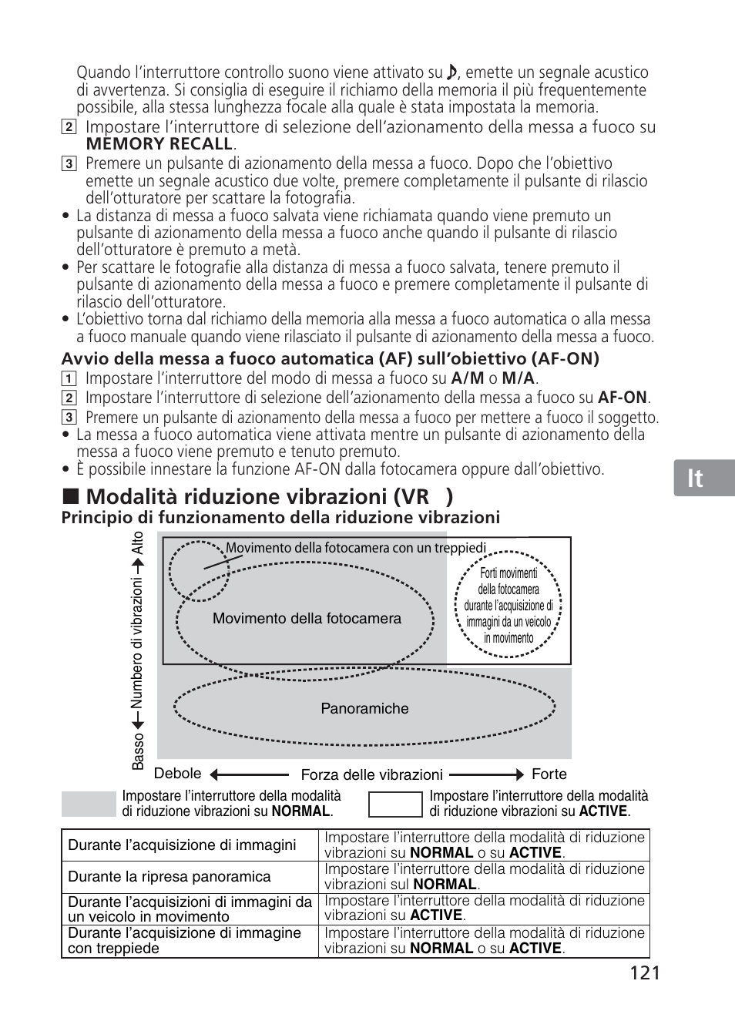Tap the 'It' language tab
pos(696,479)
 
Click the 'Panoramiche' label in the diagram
pos(364,709)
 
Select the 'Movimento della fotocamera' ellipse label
pos(307,619)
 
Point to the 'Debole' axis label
pos(178,774)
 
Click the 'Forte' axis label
pos(549,774)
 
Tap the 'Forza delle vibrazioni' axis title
pos(371,775)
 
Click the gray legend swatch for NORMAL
pos(88,804)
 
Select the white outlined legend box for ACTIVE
pos(395,804)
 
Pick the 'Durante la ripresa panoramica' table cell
pos(169,877)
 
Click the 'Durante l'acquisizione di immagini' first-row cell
pos(182,845)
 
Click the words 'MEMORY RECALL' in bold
pos(159,144)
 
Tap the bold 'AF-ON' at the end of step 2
pos(623,398)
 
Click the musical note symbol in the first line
pos(452,72)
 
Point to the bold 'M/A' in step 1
pos(518,378)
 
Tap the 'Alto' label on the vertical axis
pos(138,545)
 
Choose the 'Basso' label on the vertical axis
pos(138,751)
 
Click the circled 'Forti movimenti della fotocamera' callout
pos(508,605)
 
